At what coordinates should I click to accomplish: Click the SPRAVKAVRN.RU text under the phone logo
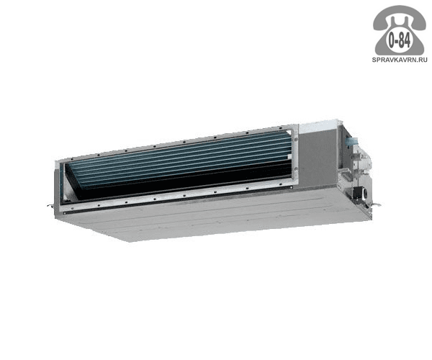[x=400, y=60]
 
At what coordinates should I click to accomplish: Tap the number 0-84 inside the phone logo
[x=400, y=41]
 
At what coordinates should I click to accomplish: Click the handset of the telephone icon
[x=400, y=18]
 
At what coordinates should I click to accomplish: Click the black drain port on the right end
[x=364, y=194]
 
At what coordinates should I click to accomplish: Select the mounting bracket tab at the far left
[x=50, y=205]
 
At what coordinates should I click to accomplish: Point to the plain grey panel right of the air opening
[x=318, y=160]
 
